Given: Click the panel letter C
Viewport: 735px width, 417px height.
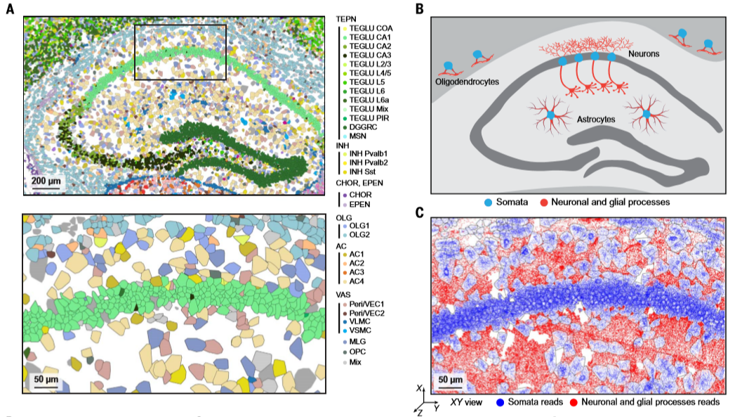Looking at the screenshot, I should [419, 212].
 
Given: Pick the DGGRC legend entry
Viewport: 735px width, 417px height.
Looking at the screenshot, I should [361, 127].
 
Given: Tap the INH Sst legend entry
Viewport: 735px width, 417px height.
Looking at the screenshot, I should [363, 172].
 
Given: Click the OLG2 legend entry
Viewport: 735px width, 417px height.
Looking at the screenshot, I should [359, 235].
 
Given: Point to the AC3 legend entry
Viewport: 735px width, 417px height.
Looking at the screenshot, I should [358, 271].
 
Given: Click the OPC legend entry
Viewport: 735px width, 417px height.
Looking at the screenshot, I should [358, 351].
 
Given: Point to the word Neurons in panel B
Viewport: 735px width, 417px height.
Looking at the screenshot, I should [644, 53].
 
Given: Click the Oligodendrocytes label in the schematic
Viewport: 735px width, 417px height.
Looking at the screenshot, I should [466, 82].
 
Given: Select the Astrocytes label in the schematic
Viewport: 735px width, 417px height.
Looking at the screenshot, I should [595, 120].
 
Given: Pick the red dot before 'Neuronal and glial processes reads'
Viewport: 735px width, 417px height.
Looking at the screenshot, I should [572, 402].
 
